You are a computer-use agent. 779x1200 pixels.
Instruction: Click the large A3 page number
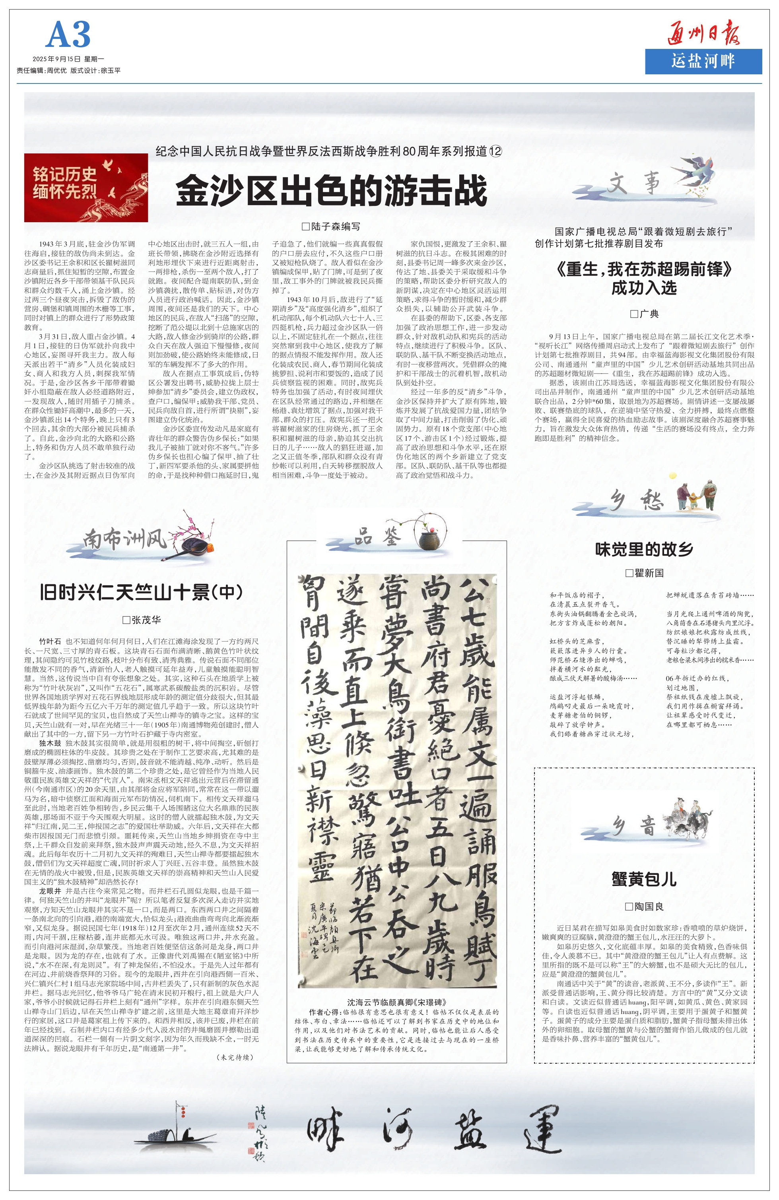(x=68, y=35)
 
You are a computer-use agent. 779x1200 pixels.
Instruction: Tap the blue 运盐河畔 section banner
(x=703, y=62)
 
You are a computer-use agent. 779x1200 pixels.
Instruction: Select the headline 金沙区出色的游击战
(x=332, y=190)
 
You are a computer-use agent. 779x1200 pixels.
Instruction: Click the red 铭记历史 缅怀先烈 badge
(x=86, y=188)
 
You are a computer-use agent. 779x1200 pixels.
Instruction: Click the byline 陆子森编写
(x=331, y=227)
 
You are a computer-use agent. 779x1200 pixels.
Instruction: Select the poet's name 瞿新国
(x=644, y=573)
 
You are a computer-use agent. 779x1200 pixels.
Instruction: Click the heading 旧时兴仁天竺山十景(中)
(x=141, y=592)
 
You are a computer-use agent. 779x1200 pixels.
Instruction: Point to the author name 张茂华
(x=142, y=620)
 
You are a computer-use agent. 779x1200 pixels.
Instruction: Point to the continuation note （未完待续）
(x=235, y=1057)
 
